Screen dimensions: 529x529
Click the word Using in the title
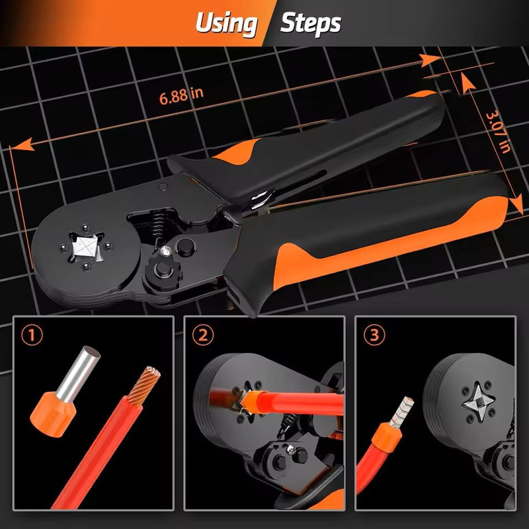tap(225, 24)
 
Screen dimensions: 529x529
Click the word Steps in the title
tap(310, 24)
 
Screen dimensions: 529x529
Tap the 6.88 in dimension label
tap(181, 95)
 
